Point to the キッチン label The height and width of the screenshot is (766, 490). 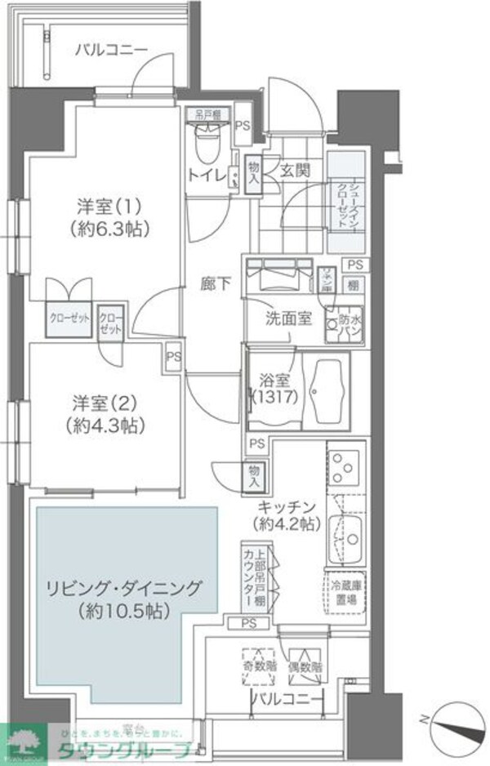tap(286, 505)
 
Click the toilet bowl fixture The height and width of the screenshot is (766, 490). tap(207, 147)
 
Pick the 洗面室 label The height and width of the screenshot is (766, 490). tap(286, 318)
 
